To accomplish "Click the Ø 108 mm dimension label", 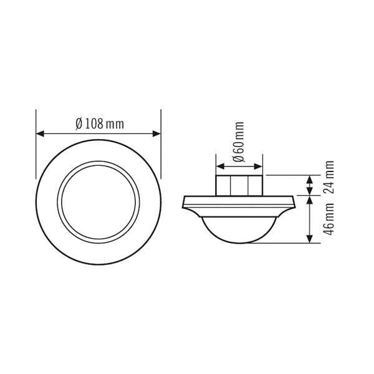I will [x=99, y=123].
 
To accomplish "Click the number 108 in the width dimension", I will [x=93, y=123].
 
